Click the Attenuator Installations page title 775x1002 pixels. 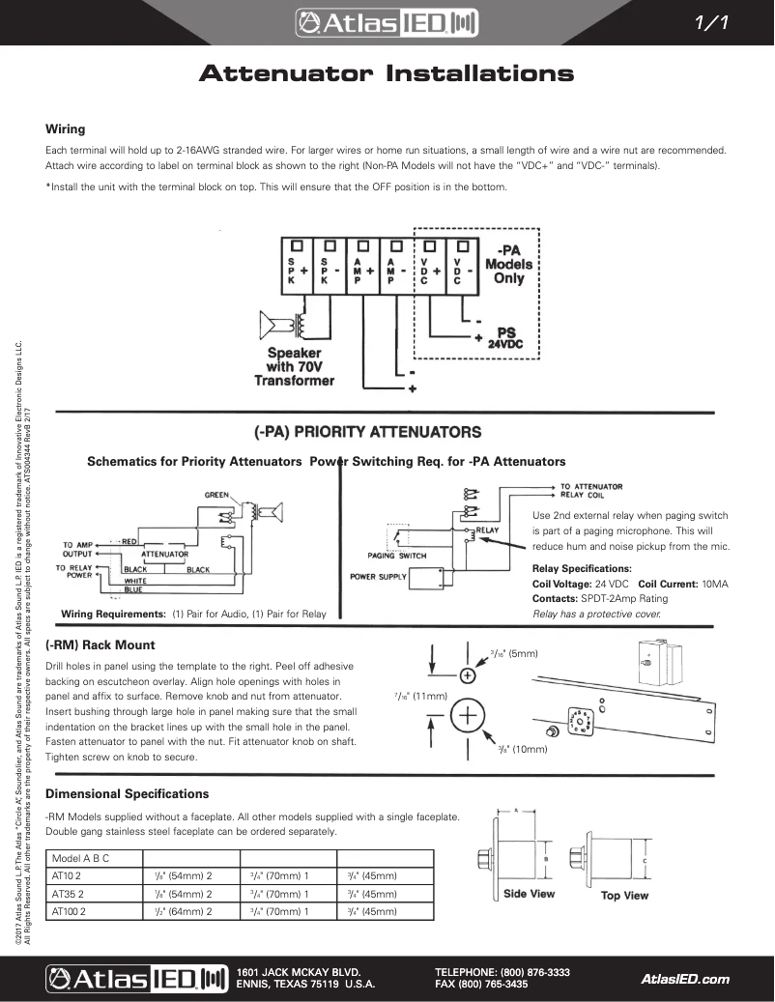pos(387,74)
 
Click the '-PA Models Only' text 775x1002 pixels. pos(508,263)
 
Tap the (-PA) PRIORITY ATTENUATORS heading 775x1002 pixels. pos(366,431)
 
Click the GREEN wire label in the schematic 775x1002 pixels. pos(215,495)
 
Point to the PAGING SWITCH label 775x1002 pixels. pos(397,556)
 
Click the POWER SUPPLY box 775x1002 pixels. pos(378,578)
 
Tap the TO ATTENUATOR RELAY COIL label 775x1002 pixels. pos(591,491)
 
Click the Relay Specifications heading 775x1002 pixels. pos(582,569)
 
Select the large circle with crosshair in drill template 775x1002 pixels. pos(468,716)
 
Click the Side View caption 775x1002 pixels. pos(529,894)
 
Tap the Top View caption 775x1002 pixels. pos(624,896)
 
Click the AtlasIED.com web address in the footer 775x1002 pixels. pos(685,979)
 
